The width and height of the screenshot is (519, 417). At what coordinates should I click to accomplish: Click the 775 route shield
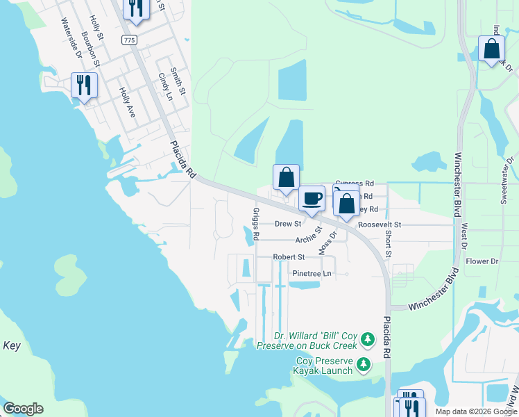(x=129, y=40)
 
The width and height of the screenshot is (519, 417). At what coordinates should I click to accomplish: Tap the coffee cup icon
(x=312, y=197)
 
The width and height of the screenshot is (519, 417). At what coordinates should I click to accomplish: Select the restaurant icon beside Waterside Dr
(x=84, y=85)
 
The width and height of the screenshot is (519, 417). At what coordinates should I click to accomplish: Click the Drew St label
(x=288, y=224)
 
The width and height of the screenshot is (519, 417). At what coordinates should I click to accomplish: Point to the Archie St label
(x=308, y=236)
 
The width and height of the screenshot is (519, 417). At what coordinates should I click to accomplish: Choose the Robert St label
(x=288, y=257)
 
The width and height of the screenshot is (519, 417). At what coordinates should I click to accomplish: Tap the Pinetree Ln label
(x=312, y=274)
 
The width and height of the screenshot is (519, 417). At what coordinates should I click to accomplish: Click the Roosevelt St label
(x=379, y=225)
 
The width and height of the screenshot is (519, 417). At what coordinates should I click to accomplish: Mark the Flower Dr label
(x=482, y=261)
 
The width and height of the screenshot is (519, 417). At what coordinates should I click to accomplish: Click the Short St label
(x=388, y=244)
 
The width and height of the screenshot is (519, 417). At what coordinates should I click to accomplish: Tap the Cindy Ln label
(x=164, y=86)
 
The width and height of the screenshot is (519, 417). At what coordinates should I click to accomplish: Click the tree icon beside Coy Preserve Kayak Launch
(x=363, y=364)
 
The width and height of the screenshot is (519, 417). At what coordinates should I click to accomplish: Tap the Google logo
(x=23, y=409)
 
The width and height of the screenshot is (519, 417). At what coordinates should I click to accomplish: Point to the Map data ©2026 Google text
(x=474, y=411)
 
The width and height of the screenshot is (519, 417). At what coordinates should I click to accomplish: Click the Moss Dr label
(x=327, y=242)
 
